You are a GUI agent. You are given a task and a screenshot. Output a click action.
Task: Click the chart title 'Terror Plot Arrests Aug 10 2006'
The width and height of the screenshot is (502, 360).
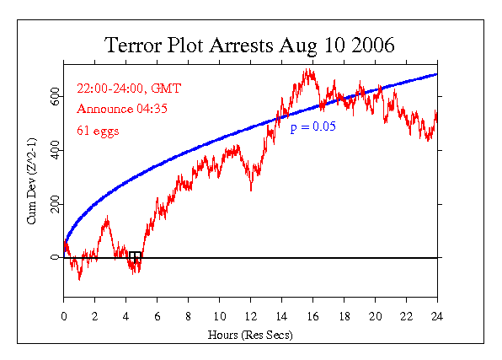pyautogui.click(x=249, y=45)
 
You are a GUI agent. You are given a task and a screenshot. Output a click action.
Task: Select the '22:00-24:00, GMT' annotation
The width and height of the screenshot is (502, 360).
pyautogui.click(x=129, y=88)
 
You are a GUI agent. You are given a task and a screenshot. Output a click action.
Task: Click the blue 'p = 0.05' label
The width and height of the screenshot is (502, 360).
pyautogui.click(x=312, y=127)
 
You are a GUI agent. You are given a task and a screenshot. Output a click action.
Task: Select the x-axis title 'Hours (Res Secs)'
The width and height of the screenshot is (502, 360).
pyautogui.click(x=250, y=334)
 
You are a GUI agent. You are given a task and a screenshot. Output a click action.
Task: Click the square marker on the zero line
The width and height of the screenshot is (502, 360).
pyautogui.click(x=135, y=257)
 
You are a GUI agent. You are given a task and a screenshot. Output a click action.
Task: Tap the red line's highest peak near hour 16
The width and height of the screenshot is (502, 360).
pyautogui.click(x=310, y=72)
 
